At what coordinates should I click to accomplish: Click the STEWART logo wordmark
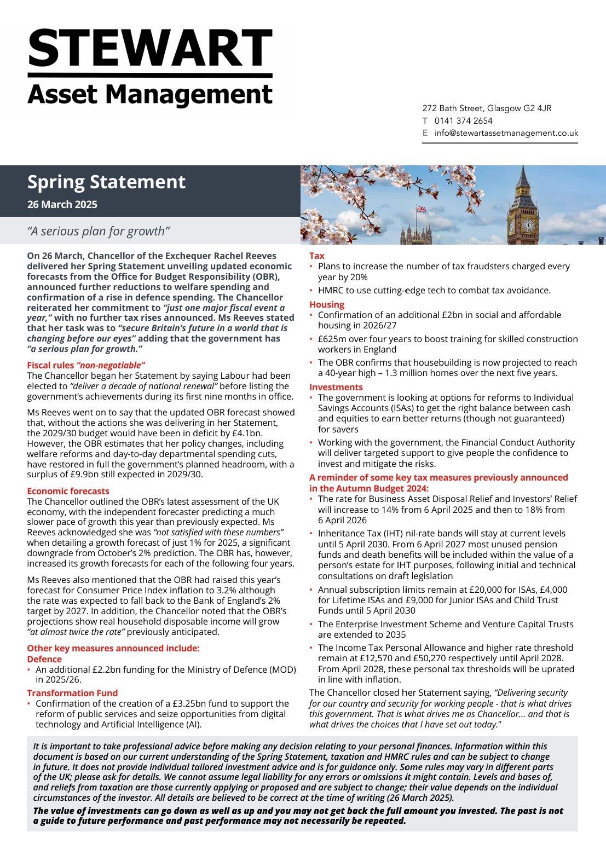tap(149, 48)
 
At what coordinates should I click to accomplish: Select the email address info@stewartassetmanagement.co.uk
tap(506, 133)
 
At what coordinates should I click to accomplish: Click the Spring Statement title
tap(106, 182)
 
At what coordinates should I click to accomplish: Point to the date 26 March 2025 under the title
tap(62, 205)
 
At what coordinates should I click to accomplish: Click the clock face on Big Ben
tap(528, 225)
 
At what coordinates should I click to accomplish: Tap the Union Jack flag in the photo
tap(421, 209)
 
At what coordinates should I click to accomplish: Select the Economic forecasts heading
tap(68, 491)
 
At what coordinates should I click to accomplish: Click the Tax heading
tap(316, 256)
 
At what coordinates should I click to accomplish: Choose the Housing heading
tap(326, 304)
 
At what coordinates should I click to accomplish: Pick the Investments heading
tap(336, 387)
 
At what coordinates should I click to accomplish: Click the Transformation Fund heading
tap(72, 693)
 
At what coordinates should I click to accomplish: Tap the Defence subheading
tap(44, 659)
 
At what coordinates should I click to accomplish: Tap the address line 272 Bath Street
tap(487, 108)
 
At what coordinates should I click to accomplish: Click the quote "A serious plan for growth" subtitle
tap(99, 231)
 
